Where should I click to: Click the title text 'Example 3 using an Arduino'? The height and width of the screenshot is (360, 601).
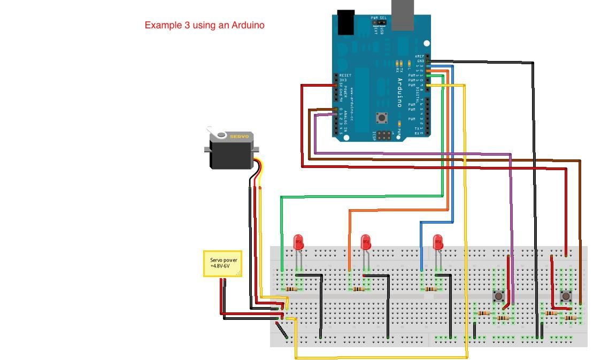(204, 25)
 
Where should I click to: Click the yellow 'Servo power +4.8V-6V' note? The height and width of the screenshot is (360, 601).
(222, 264)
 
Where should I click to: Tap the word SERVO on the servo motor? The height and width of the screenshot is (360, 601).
(239, 136)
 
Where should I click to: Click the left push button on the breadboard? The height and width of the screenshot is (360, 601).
(498, 296)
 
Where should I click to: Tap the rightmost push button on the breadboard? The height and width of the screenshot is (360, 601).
(565, 296)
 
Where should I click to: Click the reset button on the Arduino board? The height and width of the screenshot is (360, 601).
(381, 117)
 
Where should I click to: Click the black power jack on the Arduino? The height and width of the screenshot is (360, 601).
(346, 21)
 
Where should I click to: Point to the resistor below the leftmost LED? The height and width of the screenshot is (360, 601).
(291, 289)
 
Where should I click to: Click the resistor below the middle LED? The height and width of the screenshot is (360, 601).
(358, 289)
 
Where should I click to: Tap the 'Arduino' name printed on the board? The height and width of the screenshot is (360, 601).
(399, 93)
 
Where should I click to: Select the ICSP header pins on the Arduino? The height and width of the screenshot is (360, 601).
(383, 135)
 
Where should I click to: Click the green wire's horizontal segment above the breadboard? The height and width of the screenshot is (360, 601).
(361, 196)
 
